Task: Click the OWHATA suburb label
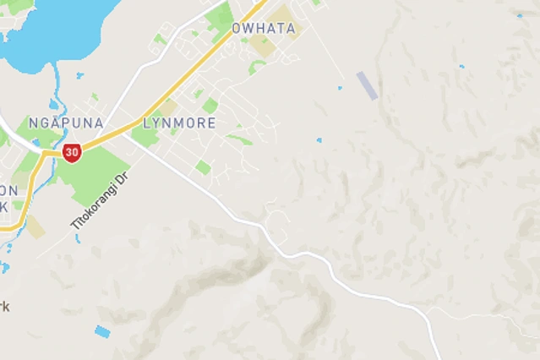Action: click(x=264, y=29)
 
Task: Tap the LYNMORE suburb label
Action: click(x=179, y=123)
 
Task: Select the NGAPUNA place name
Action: click(x=66, y=123)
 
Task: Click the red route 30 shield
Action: click(x=71, y=153)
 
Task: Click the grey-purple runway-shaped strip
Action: click(x=367, y=85)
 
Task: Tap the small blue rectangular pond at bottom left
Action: click(x=102, y=331)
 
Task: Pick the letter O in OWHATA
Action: click(x=237, y=29)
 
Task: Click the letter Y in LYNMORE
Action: click(x=159, y=123)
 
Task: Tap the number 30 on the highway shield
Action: click(x=71, y=153)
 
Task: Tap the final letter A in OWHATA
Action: click(x=291, y=29)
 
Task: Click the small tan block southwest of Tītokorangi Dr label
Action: click(x=35, y=226)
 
